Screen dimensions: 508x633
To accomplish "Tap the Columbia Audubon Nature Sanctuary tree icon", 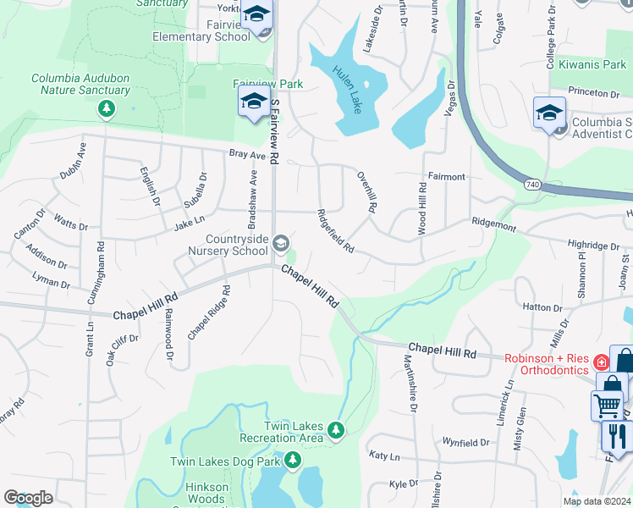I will click(107, 108).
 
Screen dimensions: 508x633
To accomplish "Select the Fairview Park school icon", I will click(254, 103).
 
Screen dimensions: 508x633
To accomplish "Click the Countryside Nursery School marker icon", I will click(280, 245).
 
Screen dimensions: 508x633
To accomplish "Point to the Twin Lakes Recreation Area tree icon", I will click(337, 431).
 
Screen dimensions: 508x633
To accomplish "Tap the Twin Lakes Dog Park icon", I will click(293, 461).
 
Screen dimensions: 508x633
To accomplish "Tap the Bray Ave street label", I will click(247, 155).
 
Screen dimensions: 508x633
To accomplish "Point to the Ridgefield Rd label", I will click(335, 230).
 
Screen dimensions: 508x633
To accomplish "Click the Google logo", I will click(29, 498).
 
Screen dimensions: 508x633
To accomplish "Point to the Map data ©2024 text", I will click(595, 500).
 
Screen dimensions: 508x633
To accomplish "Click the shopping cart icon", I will click(608, 406).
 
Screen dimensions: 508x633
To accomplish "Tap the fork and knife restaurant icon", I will click(617, 435).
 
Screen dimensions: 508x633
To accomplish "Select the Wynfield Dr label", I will click(466, 443).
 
